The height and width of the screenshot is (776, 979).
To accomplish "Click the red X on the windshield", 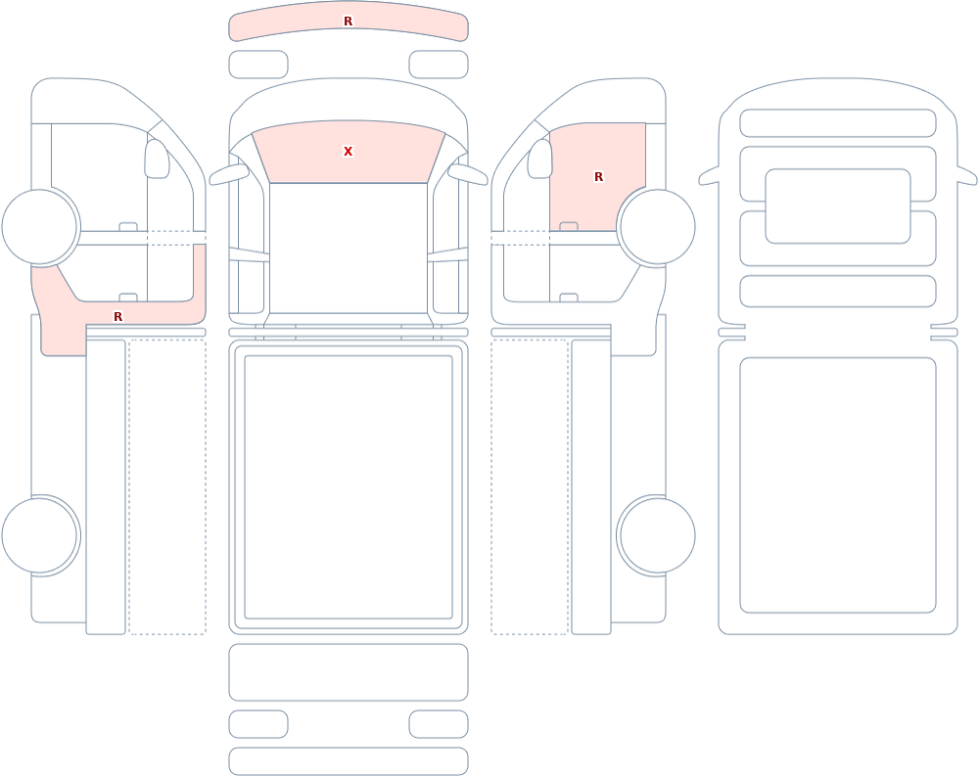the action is pos(348,151).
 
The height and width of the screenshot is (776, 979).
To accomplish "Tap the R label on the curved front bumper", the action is pos(348,22).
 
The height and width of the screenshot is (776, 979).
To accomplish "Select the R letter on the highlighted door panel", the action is pos(598,177).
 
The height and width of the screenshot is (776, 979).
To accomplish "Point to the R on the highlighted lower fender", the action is pos(118,316).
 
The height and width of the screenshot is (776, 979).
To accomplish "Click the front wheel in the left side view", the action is pos(40,227).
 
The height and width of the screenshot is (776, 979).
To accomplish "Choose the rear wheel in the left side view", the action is pos(40,535).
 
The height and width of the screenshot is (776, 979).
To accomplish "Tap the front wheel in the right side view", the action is pos(656,227).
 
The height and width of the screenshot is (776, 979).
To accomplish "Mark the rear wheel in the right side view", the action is pos(656,535).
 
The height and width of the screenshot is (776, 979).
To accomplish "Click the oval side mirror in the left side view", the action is pos(157,159).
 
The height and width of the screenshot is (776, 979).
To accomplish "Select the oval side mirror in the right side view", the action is pos(540,159).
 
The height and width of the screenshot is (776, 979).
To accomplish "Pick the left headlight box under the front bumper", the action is pos(258,65).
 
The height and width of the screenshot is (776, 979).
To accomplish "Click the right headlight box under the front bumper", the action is pos(439,65).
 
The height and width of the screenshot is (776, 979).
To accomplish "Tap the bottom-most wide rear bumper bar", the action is pos(349,761).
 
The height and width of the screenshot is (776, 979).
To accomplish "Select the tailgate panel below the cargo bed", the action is pos(349,671).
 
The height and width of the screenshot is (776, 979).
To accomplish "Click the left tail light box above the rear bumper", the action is pos(258,724).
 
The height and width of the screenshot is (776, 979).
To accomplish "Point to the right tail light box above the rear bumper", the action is pos(439,724).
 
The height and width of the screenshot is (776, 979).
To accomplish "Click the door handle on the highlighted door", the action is pos(569,226).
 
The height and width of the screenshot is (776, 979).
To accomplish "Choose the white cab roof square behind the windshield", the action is pos(349,248).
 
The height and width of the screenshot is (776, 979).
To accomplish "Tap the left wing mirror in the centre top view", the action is pos(228,174).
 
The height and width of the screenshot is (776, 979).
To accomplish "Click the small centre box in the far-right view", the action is pos(838,206).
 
